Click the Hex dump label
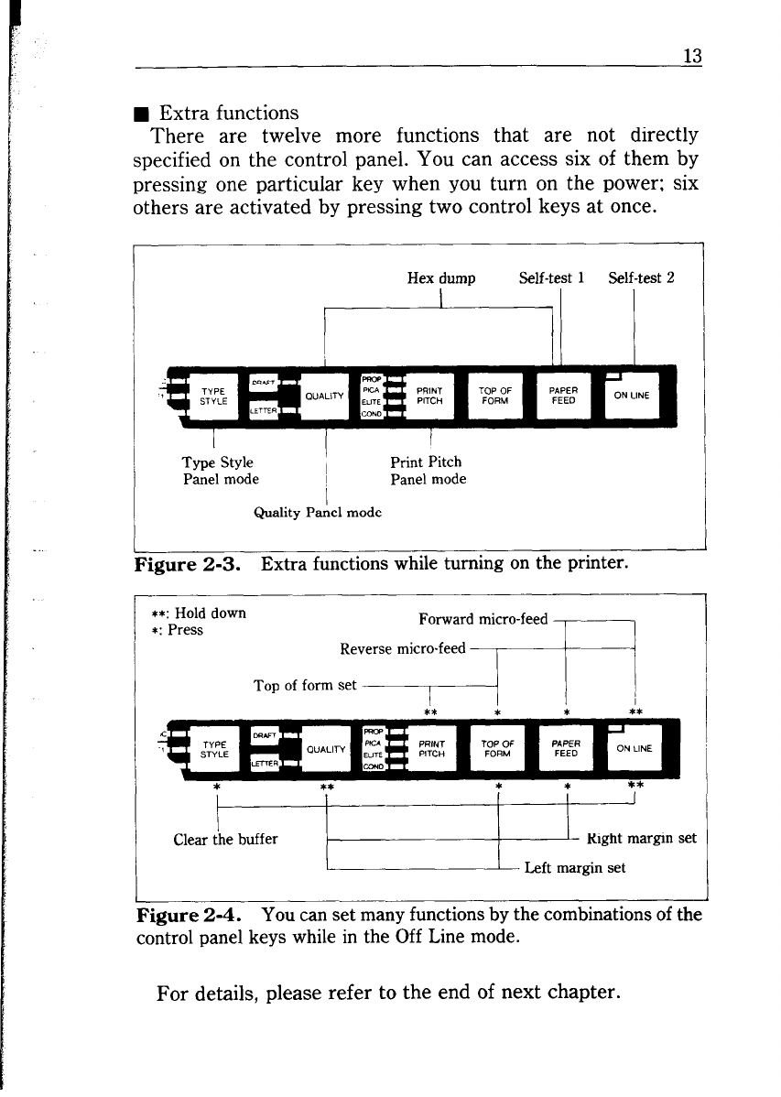[x=441, y=279]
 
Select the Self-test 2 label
[x=641, y=279]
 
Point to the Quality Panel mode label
[x=316, y=513]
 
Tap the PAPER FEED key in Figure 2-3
[x=563, y=396]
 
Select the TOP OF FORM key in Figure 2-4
[x=494, y=747]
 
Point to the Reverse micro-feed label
[x=403, y=649]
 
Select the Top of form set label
[x=304, y=684]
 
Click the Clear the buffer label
[x=225, y=838]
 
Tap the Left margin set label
[x=574, y=868]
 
